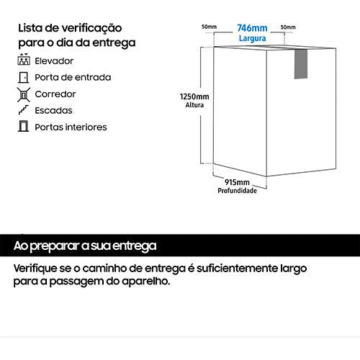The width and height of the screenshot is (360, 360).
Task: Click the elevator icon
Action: point(24,59)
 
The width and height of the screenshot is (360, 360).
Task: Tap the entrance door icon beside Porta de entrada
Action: point(24,78)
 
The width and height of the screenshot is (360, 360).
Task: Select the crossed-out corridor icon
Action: point(24,94)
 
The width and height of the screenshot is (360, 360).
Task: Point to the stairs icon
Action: point(24,110)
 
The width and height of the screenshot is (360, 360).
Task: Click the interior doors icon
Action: point(23,126)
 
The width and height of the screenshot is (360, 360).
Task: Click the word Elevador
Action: point(54,61)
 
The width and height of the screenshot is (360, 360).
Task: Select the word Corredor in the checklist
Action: point(55,94)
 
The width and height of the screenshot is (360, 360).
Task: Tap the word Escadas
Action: point(53,111)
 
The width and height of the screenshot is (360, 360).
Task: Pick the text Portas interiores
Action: point(71,127)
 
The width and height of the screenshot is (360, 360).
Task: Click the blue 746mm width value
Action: point(252,28)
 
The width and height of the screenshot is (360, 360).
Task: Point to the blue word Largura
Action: point(252,38)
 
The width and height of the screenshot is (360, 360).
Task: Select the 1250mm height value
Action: point(194,96)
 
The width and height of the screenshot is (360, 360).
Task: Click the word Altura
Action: point(194,105)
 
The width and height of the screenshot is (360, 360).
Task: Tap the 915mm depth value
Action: point(237,182)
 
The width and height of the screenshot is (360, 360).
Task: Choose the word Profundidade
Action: point(237,191)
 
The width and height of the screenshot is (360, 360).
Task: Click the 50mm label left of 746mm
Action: point(209,27)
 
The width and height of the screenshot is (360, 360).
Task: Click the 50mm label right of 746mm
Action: point(288,27)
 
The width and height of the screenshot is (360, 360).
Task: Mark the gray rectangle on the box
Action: point(301,64)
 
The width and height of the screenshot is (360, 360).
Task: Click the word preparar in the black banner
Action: point(55,246)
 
